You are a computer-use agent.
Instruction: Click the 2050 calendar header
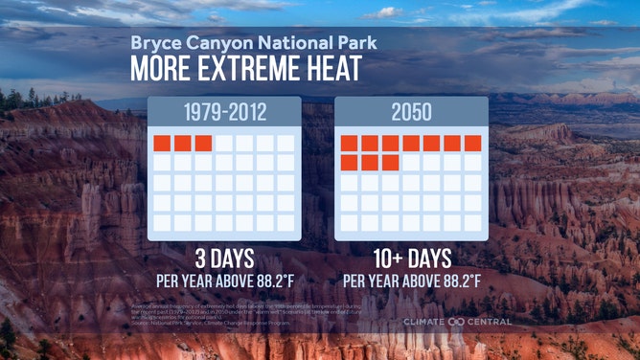411,111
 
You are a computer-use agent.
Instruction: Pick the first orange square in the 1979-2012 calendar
162,144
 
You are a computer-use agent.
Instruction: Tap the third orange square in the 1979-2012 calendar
203,144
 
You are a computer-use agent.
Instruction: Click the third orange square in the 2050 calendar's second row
390,163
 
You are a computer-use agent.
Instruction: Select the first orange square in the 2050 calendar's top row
349,144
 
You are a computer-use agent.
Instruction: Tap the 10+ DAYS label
411,259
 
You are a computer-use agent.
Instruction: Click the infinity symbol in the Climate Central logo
456,322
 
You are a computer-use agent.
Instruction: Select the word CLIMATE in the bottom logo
424,322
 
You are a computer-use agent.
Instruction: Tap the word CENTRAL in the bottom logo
489,322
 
